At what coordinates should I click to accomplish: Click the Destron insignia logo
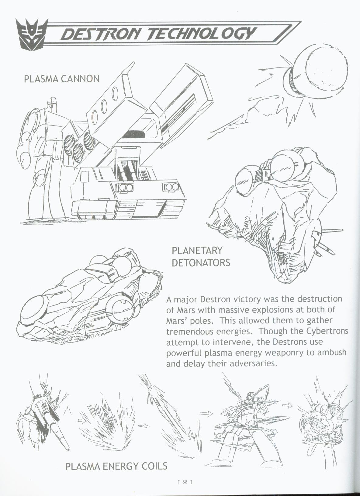coord(31,33)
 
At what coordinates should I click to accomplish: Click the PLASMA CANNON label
coord(61,79)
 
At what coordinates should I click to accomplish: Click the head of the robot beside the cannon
coord(52,105)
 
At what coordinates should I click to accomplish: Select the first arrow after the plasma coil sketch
coord(82,421)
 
